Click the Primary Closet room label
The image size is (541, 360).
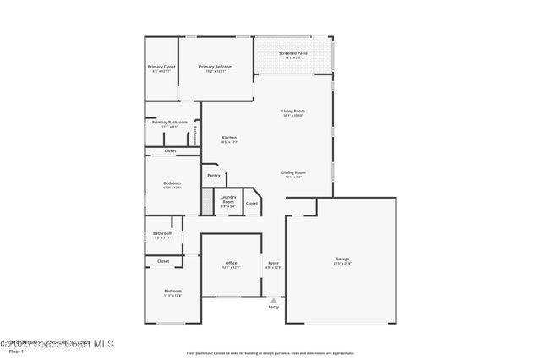[161, 67]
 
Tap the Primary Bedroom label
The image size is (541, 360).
[216, 67]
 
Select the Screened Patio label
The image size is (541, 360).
[293, 53]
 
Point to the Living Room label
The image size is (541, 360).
[293, 112]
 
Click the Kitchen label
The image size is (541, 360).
[229, 138]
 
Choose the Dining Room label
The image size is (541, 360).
[293, 172]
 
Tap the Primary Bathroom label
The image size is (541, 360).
[170, 123]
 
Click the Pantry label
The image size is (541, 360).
[214, 176]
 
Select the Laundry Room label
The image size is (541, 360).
[228, 201]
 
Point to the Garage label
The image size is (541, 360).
[342, 259]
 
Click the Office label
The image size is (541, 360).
[231, 263]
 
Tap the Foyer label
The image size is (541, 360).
[273, 263]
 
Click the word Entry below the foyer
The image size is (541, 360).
[273, 307]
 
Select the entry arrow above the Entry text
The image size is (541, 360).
[273, 298]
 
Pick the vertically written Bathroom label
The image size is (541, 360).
[195, 135]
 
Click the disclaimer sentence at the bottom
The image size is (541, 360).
[271, 352]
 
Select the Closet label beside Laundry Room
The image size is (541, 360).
[252, 203]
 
